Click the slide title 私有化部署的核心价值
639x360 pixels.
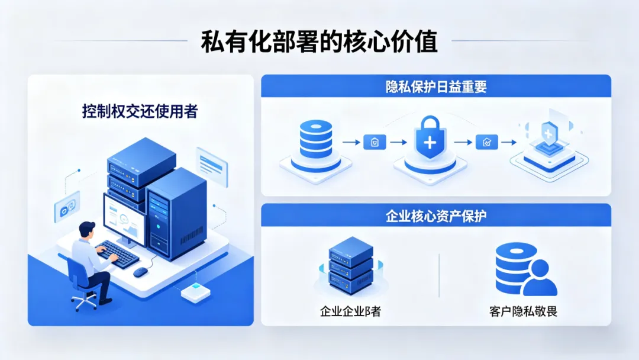coord(319,43)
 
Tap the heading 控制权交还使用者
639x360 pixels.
coord(140,111)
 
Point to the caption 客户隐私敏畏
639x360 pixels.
coord(524,311)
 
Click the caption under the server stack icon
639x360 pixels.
coord(350,311)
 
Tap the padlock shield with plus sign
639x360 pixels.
coord(430,139)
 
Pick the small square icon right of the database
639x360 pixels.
coord(374,142)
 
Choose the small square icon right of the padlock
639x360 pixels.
coord(486,142)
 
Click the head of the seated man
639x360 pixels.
coord(87,230)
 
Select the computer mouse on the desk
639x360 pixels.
coord(140,272)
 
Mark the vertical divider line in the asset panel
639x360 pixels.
coord(439,275)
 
